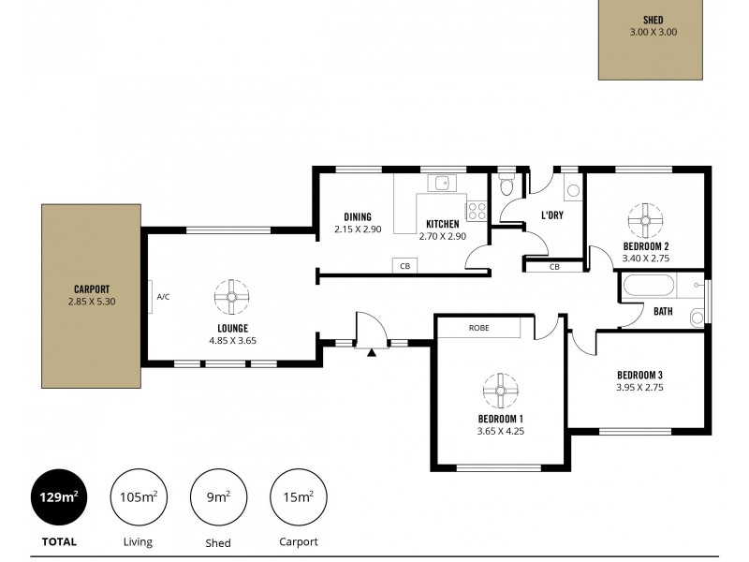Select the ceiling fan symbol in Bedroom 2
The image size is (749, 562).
click(644, 220)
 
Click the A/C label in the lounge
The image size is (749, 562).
click(163, 297)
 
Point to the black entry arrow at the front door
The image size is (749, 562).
click(372, 353)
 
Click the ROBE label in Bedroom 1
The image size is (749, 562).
click(480, 328)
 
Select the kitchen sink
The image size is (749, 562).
click(438, 184)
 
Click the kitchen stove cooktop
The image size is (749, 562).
click(477, 211)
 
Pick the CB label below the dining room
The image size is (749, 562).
click(405, 267)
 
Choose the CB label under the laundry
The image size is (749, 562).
click(554, 267)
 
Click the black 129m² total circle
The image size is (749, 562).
click(59, 497)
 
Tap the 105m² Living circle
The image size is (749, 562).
click(139, 497)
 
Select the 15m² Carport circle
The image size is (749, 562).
click(299, 497)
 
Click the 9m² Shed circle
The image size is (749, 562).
click(218, 497)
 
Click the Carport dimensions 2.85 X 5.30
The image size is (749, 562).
click(92, 302)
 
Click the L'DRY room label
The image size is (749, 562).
click(552, 215)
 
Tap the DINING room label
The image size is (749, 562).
click(358, 216)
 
